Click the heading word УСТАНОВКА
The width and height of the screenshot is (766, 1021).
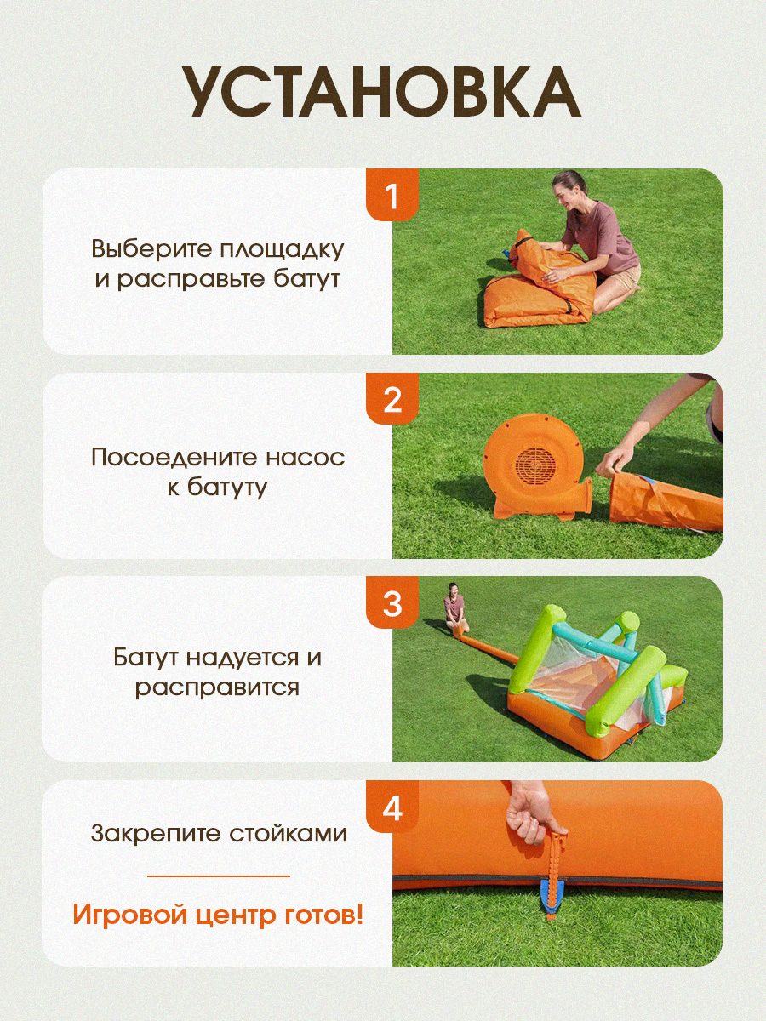[382, 93]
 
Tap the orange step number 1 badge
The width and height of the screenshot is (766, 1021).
[392, 195]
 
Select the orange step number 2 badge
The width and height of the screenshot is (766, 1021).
[392, 399]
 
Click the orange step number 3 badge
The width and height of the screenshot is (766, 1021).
[392, 603]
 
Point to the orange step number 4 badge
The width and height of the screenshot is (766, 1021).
[392, 807]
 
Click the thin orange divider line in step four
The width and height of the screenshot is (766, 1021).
[219, 876]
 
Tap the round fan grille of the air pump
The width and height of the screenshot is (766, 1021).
[536, 466]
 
